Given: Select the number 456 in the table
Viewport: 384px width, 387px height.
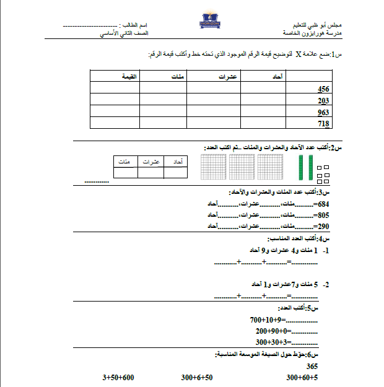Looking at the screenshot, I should tap(322, 89).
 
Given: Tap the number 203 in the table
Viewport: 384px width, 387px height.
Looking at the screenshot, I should tap(322, 100).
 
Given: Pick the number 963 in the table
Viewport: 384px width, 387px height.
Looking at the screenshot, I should tap(322, 112).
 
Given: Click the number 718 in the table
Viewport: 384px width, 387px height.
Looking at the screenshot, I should tap(322, 124).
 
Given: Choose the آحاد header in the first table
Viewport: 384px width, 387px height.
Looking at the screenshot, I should tap(277, 76).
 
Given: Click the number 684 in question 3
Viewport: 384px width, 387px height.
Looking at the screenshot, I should tap(323, 204).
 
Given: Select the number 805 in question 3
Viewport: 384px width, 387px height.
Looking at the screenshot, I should tap(323, 215).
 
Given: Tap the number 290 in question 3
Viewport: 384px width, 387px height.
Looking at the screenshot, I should tap(323, 226).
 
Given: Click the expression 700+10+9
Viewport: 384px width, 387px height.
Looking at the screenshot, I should tap(266, 320).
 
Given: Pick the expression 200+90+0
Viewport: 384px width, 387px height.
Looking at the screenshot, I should tap(269, 331).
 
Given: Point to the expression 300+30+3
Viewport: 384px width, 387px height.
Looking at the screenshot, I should tap(271, 342).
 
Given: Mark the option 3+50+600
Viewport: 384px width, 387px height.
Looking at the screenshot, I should tap(118, 377).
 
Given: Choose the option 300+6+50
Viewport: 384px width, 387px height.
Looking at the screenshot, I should tap(197, 377).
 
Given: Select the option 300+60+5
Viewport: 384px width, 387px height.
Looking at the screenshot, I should tap(302, 377).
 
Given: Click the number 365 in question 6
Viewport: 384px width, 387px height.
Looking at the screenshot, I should tap(312, 366).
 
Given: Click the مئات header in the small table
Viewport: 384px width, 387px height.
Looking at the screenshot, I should tap(125, 162).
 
